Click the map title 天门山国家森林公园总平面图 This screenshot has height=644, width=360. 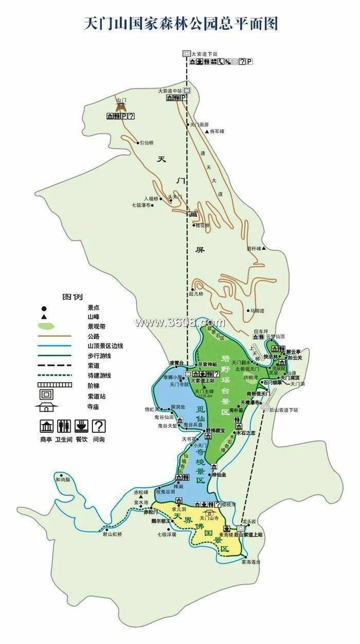click(x=181, y=24)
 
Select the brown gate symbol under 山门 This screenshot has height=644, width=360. click(x=121, y=107)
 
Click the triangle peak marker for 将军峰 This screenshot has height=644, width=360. click(x=207, y=132)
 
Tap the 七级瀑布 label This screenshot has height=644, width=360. click(x=140, y=205)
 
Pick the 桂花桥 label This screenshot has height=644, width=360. click(x=203, y=225)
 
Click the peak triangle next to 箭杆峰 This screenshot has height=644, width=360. click(x=264, y=249)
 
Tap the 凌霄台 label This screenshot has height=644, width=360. click(x=176, y=363)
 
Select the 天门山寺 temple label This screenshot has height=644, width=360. click(x=209, y=519)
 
